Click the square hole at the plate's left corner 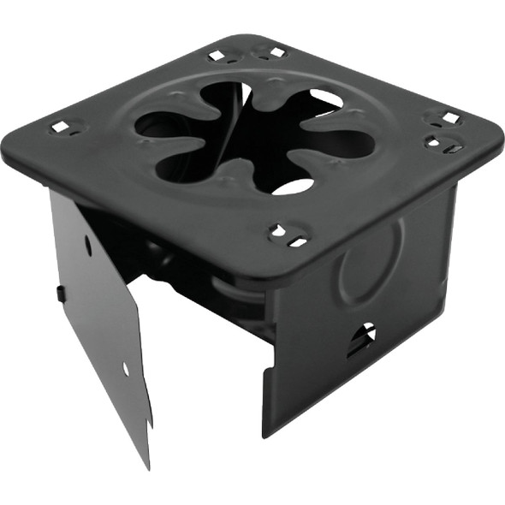[x=59, y=128]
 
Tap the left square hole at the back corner [x=217, y=56]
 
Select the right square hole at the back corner [x=276, y=52]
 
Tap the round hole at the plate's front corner [x=276, y=229]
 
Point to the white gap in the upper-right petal [x=326, y=99]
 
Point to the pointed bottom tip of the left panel [x=146, y=467]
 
